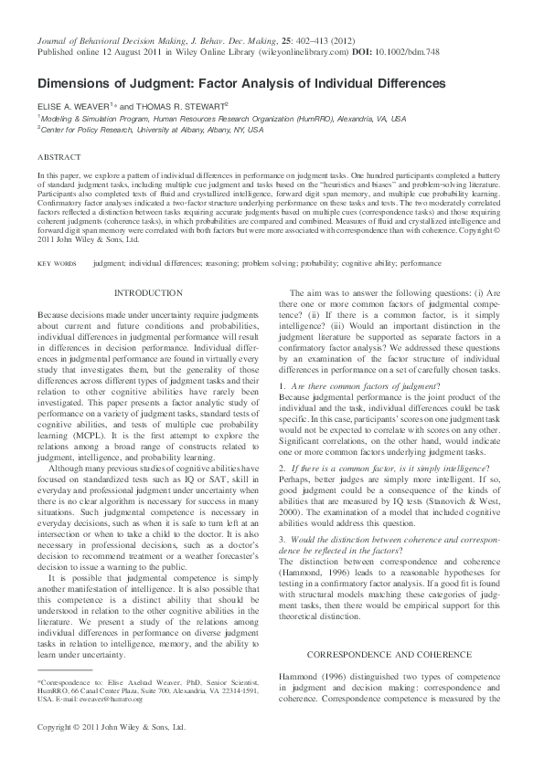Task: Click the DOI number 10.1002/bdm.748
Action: (410, 53)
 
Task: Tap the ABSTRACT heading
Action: (56, 157)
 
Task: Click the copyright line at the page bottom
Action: (111, 728)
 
